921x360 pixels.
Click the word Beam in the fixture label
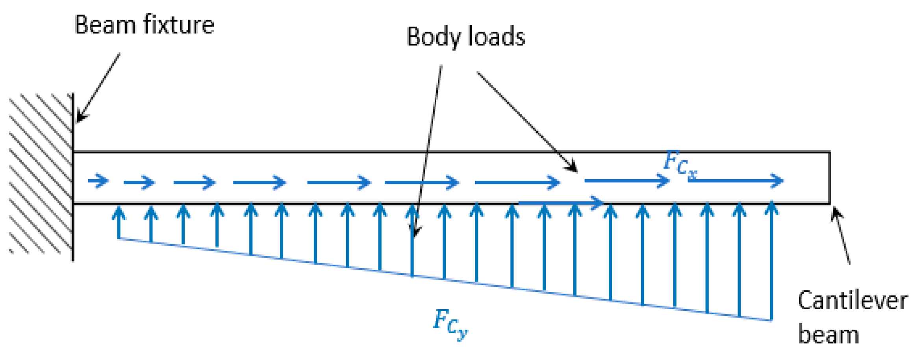pyautogui.click(x=106, y=25)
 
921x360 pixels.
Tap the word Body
pyautogui.click(x=433, y=37)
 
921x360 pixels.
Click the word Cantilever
pyautogui.click(x=852, y=301)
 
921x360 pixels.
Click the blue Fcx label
pyautogui.click(x=680, y=163)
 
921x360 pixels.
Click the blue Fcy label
pyautogui.click(x=450, y=323)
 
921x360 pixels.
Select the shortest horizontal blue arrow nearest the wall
pyautogui.click(x=98, y=181)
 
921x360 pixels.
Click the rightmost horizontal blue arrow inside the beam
pyautogui.click(x=736, y=181)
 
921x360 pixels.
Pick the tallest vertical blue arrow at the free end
pyautogui.click(x=771, y=260)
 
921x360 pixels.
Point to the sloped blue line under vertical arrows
pyautogui.click(x=445, y=279)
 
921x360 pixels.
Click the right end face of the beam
pyautogui.click(x=830, y=177)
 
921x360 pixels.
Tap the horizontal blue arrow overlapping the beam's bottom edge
pyautogui.click(x=561, y=203)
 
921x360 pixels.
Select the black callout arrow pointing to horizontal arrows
pyautogui.click(x=528, y=122)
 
